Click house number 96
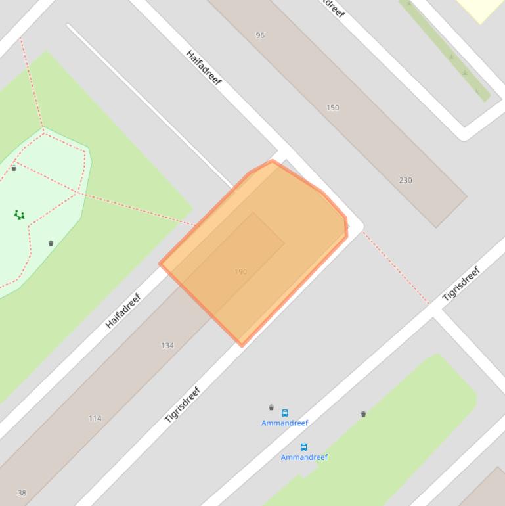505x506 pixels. point(260,35)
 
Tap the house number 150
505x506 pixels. point(333,107)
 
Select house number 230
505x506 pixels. point(405,180)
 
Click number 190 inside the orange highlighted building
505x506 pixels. point(240,271)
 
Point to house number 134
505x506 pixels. point(167,345)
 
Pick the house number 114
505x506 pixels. point(95,418)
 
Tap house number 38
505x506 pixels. point(22,493)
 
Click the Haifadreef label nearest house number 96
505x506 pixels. point(204,67)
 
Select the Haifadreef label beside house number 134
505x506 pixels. point(123,311)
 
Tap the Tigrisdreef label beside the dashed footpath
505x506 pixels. point(462,284)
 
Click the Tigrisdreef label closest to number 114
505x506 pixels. point(182,405)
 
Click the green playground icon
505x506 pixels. point(20,214)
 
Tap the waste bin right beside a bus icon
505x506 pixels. point(271,407)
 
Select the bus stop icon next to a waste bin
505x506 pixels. point(285,413)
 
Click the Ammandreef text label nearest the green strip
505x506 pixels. point(304,457)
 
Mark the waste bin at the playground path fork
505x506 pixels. point(14,168)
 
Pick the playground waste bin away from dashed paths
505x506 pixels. point(51,244)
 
